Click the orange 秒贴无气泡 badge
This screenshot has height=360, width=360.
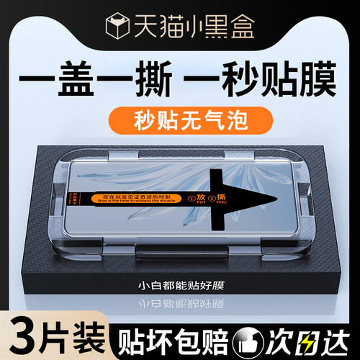coord(179,118)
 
